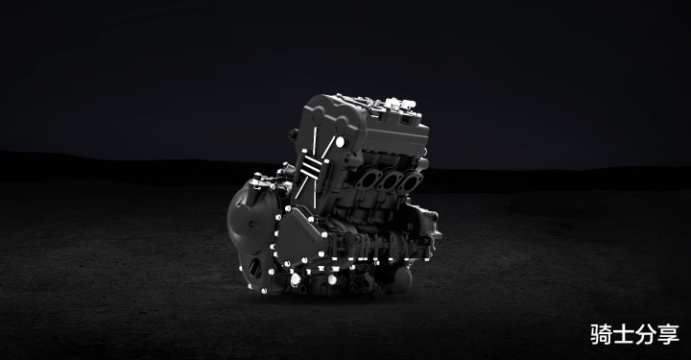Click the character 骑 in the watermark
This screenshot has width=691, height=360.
(x=601, y=334)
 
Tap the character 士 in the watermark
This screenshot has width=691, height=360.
(x=624, y=334)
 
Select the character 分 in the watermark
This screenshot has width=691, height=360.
(x=646, y=334)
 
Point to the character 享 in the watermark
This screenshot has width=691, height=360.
(x=669, y=334)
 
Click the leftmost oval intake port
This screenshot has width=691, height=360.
(x=367, y=179)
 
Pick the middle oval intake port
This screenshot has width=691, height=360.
(x=390, y=180)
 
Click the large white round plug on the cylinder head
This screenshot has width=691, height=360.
(x=340, y=142)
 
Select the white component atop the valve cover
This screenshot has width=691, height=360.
(x=399, y=105)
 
